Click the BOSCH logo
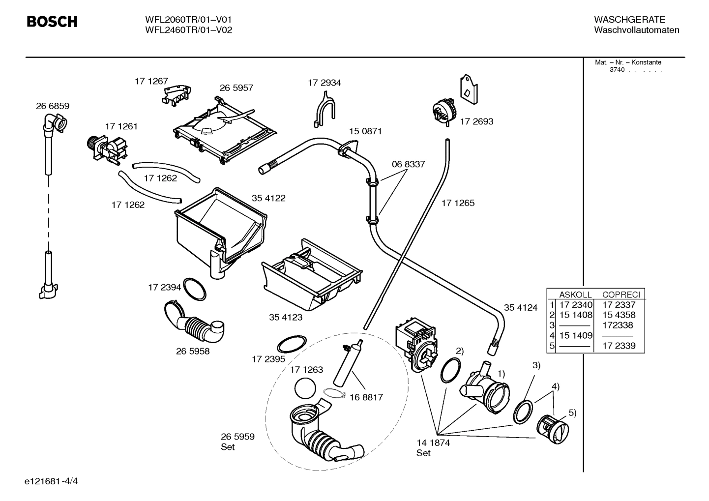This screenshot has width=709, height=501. pos(52,22)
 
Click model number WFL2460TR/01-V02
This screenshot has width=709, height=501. pos(188,30)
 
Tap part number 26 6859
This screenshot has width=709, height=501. pos(53,106)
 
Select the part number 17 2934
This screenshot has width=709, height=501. pos(324,83)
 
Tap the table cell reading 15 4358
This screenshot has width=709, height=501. pos(619,315)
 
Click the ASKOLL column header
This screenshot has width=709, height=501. pos(575,295)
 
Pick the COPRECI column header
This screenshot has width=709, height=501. pos(621,295)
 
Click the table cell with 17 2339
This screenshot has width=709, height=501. pos(619,346)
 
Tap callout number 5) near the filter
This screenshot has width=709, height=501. pos(572,413)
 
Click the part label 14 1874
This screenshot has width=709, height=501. pos(433,442)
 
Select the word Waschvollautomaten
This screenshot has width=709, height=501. pos(636,30)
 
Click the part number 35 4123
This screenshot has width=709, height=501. pos(286,317)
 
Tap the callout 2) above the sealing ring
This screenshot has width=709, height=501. pos(459,351)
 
